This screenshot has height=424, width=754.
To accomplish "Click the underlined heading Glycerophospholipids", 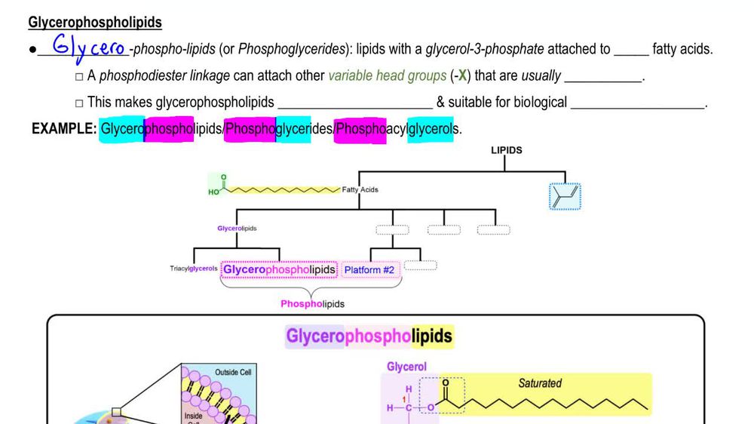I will pos(95,23).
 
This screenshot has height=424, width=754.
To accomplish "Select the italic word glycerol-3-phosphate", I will pos(484,50).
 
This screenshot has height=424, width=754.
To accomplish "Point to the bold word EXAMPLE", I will pos(64,129).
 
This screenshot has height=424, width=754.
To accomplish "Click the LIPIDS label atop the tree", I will pos(506,150).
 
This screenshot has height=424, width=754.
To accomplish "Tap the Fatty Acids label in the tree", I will pos(360,190).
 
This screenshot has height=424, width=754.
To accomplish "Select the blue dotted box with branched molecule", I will pos(565,196).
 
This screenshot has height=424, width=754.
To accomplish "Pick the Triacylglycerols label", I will pos(194,268).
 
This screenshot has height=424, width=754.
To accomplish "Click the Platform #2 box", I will pos(369,269).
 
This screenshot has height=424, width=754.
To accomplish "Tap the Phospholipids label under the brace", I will pos(312,303).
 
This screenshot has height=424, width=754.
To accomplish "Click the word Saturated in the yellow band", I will pos(539,383).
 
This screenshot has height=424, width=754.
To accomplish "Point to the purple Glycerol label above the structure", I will pos(406,367).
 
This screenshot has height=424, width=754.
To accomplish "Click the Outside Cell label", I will pos(233,373).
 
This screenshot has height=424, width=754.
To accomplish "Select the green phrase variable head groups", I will pos(387,75).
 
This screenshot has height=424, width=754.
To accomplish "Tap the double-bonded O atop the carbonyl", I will pos(445,383).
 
